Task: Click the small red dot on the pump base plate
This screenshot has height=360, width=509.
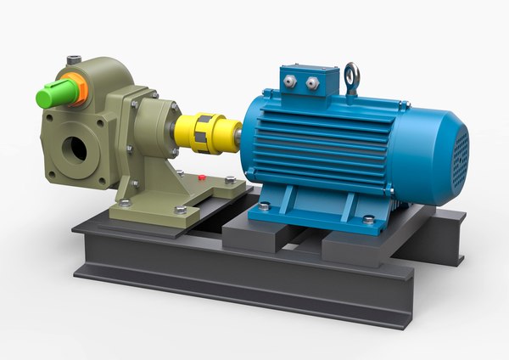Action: click(x=201, y=178)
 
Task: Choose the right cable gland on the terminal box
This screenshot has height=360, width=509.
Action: click(x=312, y=82)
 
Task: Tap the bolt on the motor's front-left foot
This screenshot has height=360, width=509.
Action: click(x=265, y=205)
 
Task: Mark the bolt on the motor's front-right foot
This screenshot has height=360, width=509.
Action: click(x=369, y=220)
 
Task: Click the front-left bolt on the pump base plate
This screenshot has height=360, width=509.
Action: click(x=125, y=203)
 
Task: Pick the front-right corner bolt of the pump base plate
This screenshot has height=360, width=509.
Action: click(x=180, y=209)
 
